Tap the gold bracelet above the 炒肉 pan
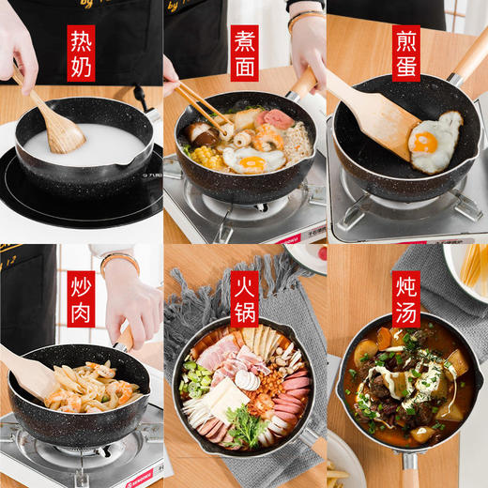pos(120,259)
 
